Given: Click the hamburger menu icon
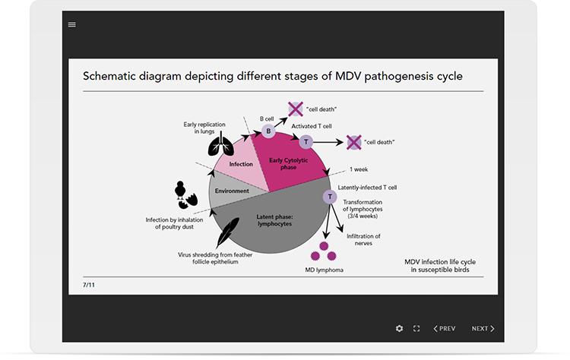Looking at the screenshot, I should click(x=72, y=24).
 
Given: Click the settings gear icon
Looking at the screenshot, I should click(x=400, y=328).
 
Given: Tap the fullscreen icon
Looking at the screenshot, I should click(x=416, y=328).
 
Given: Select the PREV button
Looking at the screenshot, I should click(x=445, y=328).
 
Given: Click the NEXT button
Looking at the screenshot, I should click(x=483, y=328).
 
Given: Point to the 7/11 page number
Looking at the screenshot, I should click(x=89, y=285).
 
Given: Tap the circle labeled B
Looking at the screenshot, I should click(x=268, y=131).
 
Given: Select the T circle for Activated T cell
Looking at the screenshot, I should click(x=306, y=142).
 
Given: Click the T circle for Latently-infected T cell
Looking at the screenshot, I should click(x=330, y=197).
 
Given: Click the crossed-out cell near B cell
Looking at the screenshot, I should click(x=295, y=109).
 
